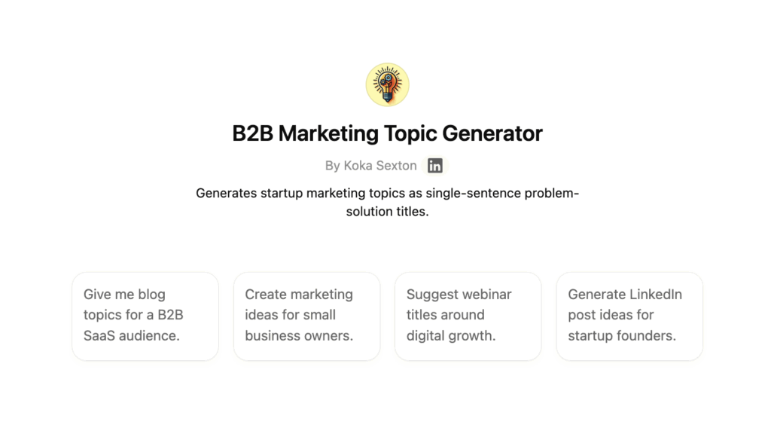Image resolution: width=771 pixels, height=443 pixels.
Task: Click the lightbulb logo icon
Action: click(388, 84)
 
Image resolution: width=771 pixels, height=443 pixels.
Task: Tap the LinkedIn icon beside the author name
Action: click(434, 166)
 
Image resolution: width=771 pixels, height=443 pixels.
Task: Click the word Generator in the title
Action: click(492, 133)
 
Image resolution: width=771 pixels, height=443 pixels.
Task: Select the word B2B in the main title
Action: click(252, 133)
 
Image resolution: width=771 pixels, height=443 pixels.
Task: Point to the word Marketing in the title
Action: click(328, 134)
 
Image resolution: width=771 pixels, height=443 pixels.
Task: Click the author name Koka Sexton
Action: click(380, 166)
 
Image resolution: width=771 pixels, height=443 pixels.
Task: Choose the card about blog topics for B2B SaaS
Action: click(145, 316)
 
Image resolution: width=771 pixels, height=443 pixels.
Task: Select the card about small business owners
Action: click(307, 316)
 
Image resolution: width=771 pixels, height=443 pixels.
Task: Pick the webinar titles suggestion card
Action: click(468, 316)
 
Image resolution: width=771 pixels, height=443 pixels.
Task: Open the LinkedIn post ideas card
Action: click(629, 316)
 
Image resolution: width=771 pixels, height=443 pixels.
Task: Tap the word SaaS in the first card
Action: click(99, 336)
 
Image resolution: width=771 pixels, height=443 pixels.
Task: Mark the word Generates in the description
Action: click(226, 193)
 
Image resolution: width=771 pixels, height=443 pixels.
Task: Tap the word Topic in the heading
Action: click(410, 134)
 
